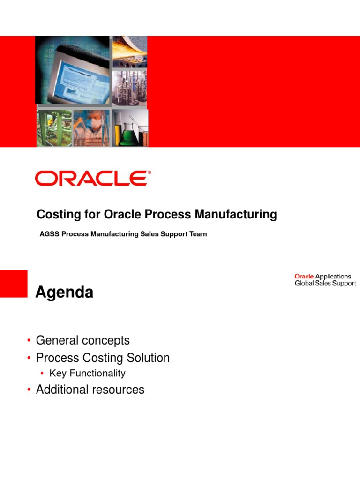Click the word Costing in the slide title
(57, 215)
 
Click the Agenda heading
(65, 292)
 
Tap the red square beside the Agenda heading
(14, 283)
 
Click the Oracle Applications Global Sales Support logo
(325, 280)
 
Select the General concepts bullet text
(82, 340)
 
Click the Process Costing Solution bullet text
(103, 358)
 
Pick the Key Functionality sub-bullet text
(87, 374)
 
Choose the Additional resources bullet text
(90, 390)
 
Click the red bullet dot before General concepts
(29, 340)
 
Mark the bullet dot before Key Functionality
(42, 374)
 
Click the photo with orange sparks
(130, 51)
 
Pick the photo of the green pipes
(54, 128)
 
